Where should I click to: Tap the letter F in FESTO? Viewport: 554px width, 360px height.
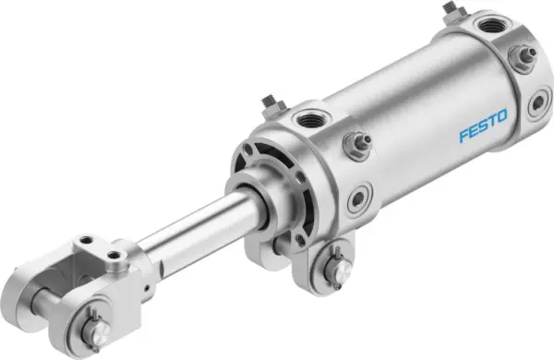(464, 138)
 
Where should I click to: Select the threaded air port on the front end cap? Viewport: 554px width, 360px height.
(307, 119)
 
